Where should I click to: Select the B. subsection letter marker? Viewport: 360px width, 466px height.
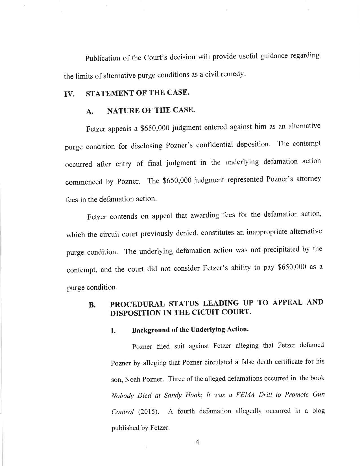click(92, 305)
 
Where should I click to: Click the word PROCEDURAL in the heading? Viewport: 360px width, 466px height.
click(137, 304)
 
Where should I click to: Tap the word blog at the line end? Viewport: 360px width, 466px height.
click(317, 410)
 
